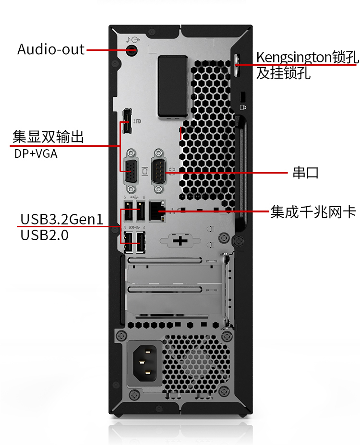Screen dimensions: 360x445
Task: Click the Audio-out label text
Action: pos(51,49)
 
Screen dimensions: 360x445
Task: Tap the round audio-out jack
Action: pos(132,50)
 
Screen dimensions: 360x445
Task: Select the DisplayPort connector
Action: pos(127,121)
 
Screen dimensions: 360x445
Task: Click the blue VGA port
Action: pos(131,171)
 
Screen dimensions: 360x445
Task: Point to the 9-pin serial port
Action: pos(158,171)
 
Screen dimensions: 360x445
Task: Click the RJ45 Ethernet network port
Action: pos(157,211)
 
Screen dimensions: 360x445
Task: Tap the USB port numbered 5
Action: pos(128,211)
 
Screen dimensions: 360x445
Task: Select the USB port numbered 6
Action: pos(141,211)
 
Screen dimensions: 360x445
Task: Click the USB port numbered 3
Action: pos(128,242)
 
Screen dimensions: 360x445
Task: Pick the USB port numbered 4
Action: pos(141,242)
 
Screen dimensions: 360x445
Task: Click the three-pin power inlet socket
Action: pos(145,363)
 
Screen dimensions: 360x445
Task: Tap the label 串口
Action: pos(306,173)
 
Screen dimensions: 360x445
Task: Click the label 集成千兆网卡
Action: pos(313,212)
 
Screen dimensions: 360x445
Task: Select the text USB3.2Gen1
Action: pos(61,219)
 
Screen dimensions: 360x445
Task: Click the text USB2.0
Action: pos(44,235)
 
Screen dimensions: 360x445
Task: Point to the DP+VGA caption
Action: pos(36,153)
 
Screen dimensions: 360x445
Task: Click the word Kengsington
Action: pos(294,58)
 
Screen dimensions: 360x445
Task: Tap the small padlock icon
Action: pos(243,107)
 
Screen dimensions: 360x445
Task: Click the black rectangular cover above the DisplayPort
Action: pos(173,86)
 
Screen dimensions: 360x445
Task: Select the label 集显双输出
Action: pos(48,137)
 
